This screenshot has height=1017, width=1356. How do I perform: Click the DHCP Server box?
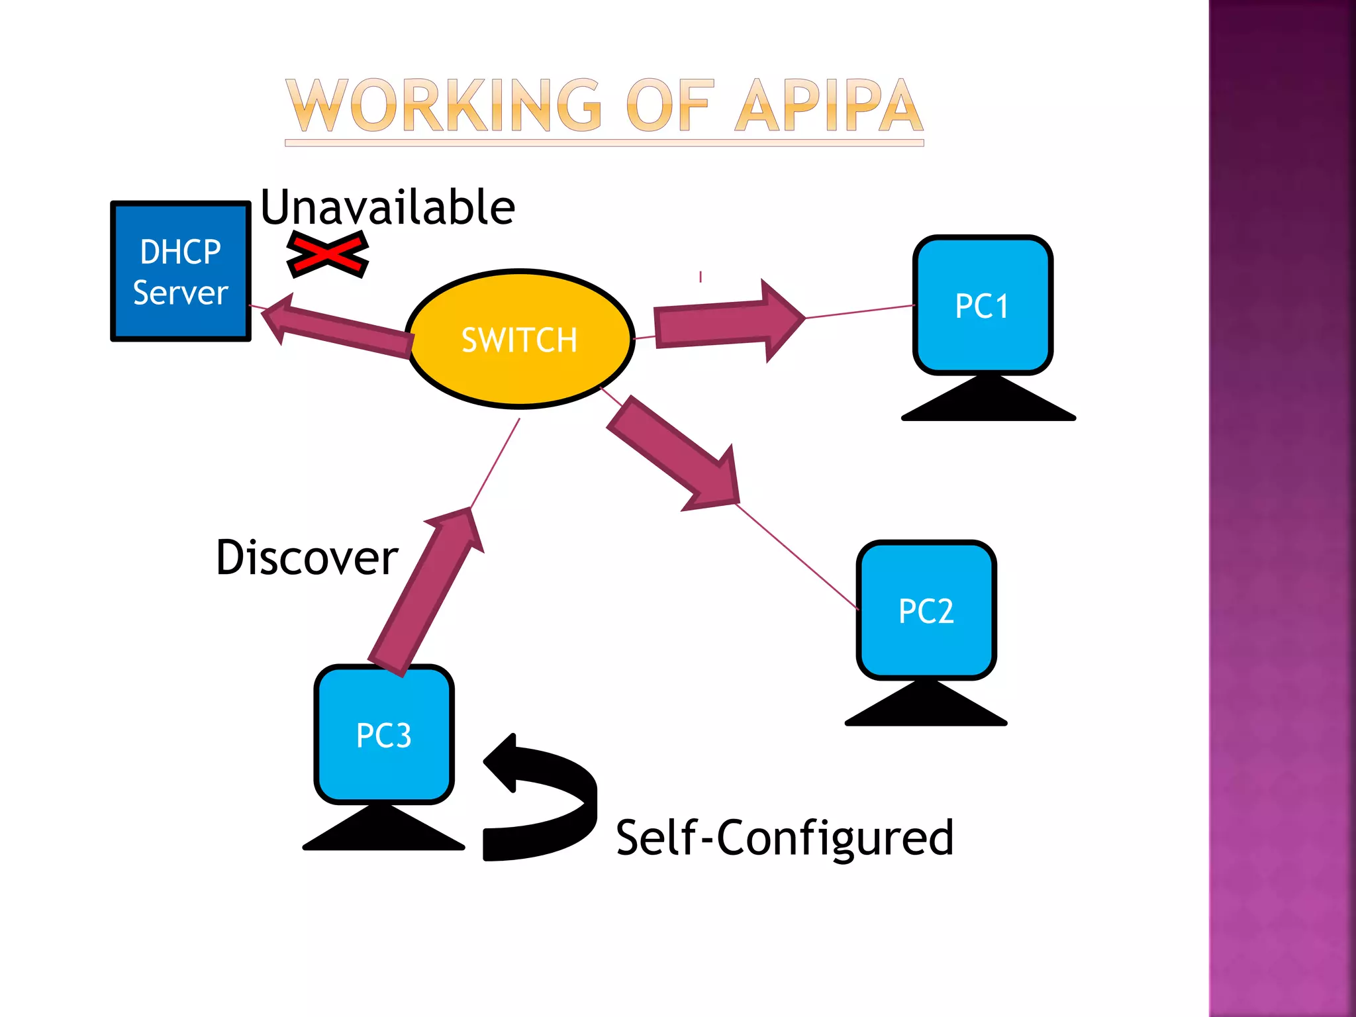tap(180, 271)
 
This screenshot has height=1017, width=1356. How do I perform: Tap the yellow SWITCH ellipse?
tap(520, 339)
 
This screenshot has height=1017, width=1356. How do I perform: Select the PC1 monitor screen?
tap(983, 305)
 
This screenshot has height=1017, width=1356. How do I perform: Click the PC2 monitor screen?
tap(926, 610)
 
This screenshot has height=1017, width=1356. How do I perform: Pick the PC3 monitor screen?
tap(384, 734)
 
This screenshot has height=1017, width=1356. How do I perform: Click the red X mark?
tap(327, 254)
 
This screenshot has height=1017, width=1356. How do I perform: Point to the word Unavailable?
tap(387, 207)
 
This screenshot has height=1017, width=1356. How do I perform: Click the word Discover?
tap(307, 557)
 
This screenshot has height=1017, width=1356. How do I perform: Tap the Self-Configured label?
tap(784, 838)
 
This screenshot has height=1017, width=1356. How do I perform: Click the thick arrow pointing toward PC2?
tap(675, 457)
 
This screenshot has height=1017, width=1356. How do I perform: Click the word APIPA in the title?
tap(828, 106)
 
